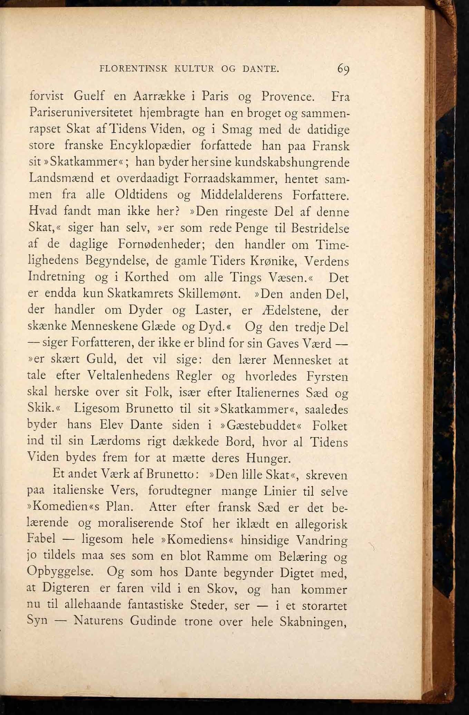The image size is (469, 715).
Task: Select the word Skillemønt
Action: point(209,294)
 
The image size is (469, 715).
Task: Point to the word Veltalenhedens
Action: point(128,376)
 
